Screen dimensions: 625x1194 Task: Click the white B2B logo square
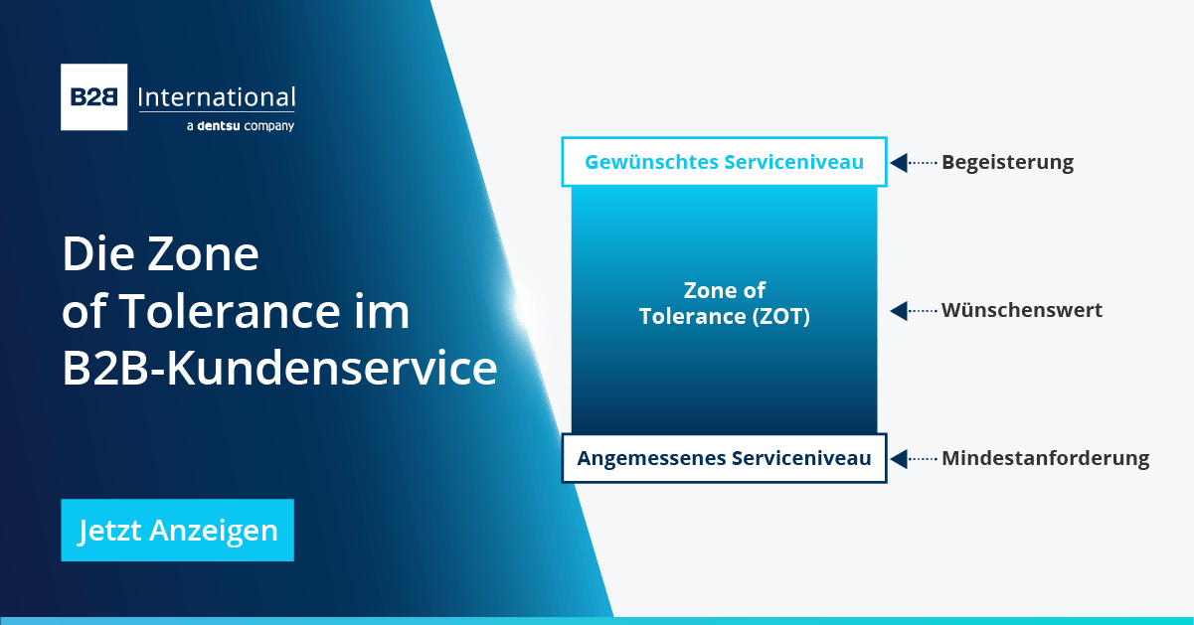point(94,97)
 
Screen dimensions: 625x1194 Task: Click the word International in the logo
point(216,97)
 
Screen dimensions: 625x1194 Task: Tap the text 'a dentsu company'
point(240,126)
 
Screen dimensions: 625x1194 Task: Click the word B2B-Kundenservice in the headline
point(279,369)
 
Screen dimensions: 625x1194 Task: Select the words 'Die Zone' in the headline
point(160,254)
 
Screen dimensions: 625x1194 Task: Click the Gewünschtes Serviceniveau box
point(724,162)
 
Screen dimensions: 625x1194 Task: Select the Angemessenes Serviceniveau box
point(724,458)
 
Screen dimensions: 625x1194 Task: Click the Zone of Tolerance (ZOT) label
point(724,304)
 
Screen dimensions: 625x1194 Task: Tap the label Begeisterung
point(1007,162)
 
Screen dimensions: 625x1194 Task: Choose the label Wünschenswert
point(1021,310)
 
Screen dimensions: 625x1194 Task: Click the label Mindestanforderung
point(1045,458)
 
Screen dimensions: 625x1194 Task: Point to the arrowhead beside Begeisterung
point(899,162)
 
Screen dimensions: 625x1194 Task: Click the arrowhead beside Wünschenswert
point(899,311)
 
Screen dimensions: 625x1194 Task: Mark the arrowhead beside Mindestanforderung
point(899,458)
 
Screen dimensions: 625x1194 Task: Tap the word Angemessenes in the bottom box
point(651,458)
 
